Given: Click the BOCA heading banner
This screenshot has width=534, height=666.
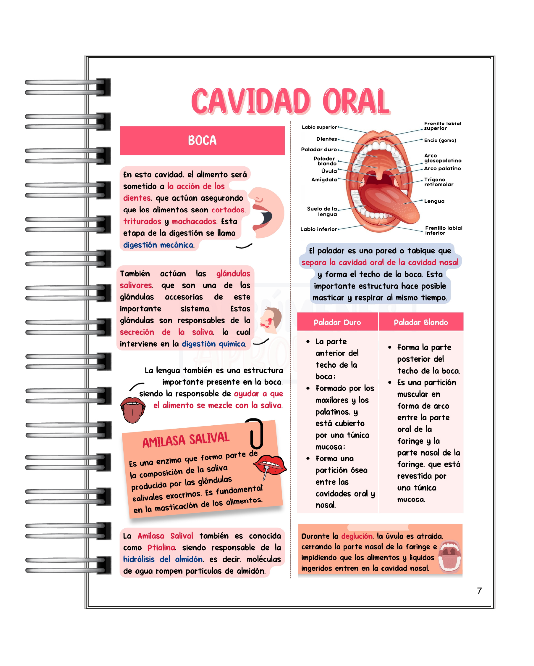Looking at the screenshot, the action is click(202, 140).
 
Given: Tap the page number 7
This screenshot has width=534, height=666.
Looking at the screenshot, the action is click(479, 591).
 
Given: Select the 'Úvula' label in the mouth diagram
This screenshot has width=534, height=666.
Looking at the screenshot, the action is click(329, 171).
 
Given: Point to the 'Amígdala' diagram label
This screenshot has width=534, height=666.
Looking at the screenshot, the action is click(324, 179).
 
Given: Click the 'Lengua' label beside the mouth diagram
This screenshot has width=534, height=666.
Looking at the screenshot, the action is click(434, 201).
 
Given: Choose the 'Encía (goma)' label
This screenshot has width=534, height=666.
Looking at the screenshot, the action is click(440, 140).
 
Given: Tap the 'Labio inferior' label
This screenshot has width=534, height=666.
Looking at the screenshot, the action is click(319, 229).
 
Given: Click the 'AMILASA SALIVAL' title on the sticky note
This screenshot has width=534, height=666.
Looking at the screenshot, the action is click(186, 440).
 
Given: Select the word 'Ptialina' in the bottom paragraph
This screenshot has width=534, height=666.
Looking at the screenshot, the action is click(161, 548).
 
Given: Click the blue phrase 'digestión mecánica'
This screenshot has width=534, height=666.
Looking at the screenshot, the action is click(158, 245).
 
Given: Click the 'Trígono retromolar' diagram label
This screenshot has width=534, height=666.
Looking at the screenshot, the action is click(438, 182).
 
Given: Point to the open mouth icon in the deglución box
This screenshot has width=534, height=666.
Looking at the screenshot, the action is click(449, 556).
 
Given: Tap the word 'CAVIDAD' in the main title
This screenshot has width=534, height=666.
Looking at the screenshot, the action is click(250, 101).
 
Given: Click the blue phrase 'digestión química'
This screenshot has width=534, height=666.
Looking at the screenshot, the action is click(213, 344).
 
